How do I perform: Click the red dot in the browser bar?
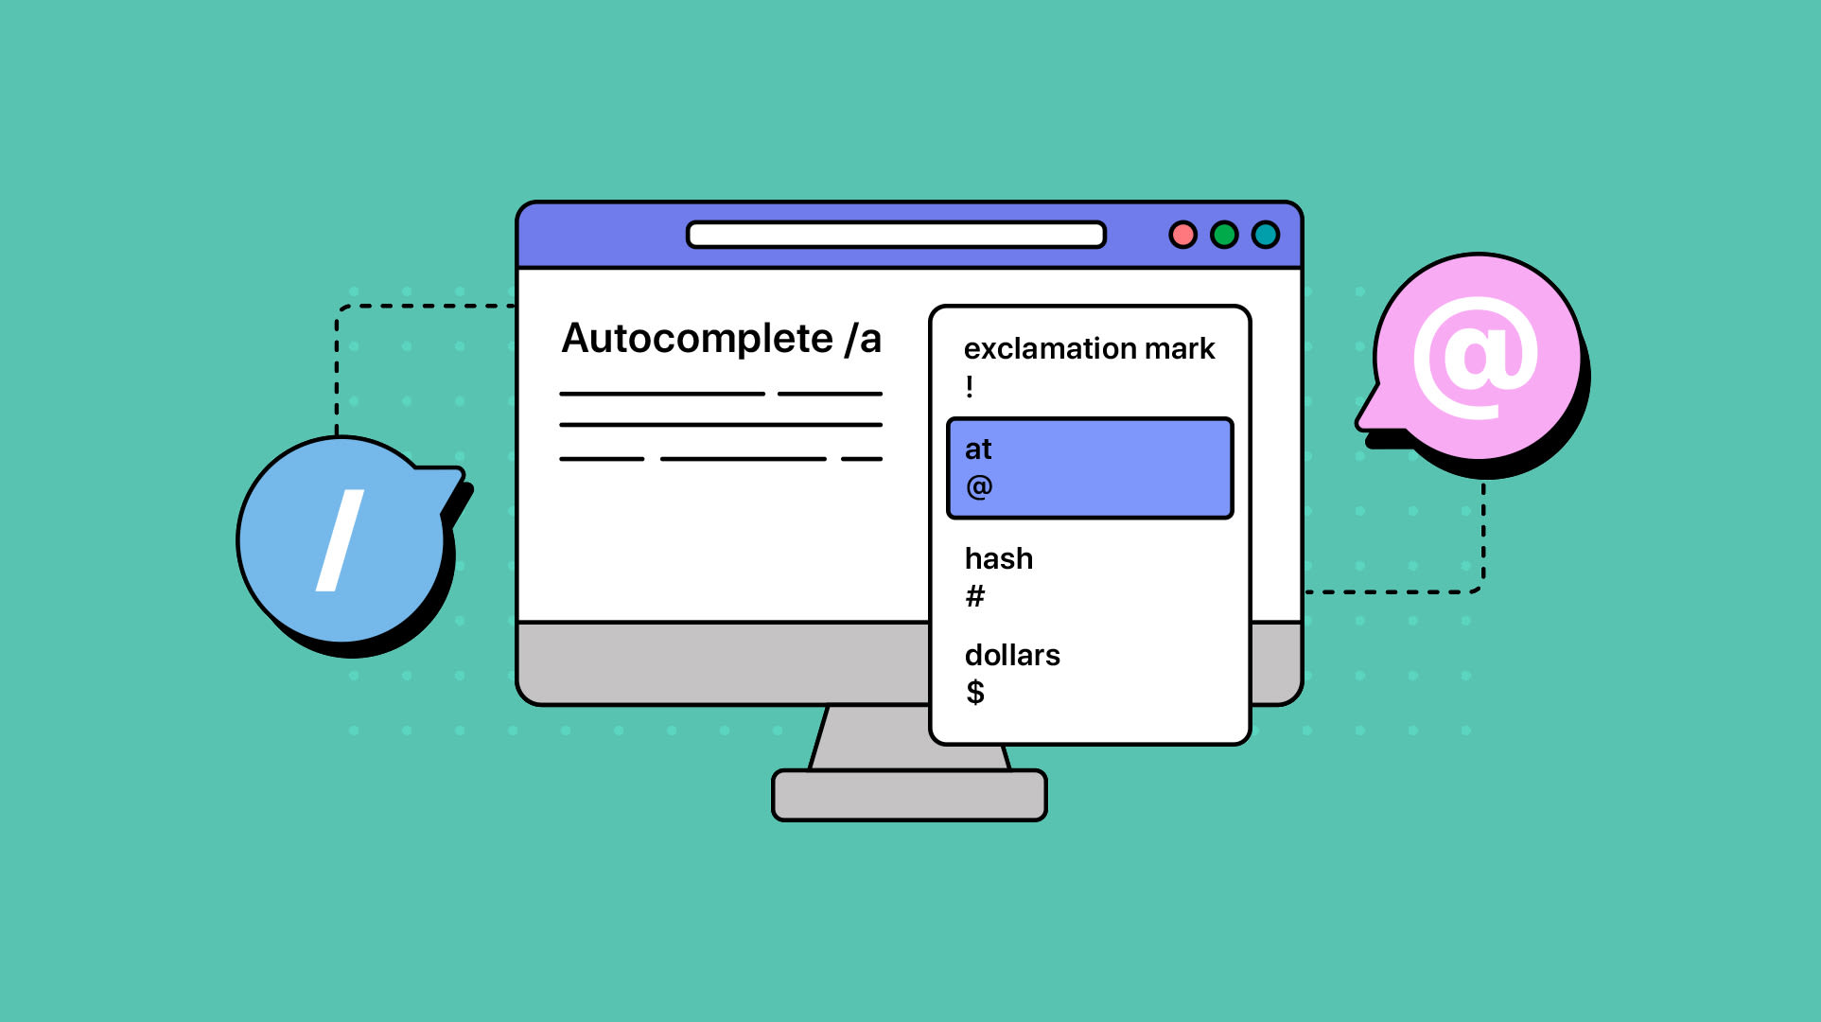click(x=1182, y=235)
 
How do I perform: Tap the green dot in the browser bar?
click(x=1224, y=235)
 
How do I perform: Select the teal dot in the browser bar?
click(x=1266, y=235)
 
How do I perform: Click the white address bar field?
click(x=896, y=235)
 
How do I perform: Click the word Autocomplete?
click(x=697, y=339)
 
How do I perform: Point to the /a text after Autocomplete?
click(x=863, y=339)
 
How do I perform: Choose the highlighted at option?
click(x=1090, y=468)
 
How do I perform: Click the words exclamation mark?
click(x=1089, y=349)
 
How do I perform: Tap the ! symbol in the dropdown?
click(x=970, y=387)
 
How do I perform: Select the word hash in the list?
click(x=998, y=559)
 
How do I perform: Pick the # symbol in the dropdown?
click(x=975, y=596)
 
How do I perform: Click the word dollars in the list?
click(x=1012, y=656)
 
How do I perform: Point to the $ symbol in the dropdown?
click(x=975, y=693)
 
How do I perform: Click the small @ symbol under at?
click(x=979, y=487)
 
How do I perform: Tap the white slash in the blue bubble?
click(x=340, y=540)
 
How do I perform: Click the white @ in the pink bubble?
click(x=1476, y=357)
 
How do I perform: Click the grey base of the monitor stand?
click(x=909, y=795)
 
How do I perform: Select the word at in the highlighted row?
click(x=978, y=449)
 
